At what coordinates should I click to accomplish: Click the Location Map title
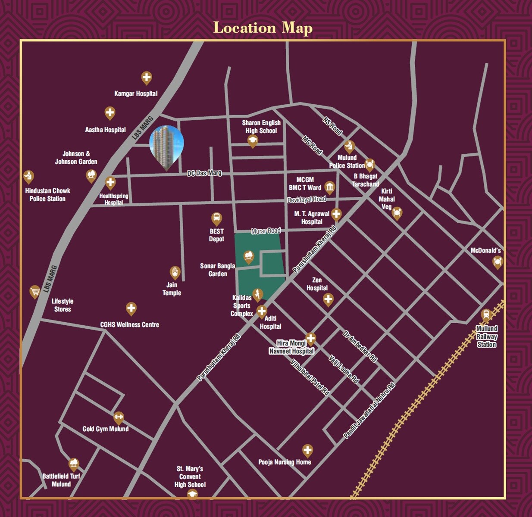click(263, 28)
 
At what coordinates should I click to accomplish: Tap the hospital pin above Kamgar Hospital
click(147, 78)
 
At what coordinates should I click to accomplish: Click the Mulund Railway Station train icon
click(486, 315)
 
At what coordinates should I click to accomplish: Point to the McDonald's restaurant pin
click(498, 262)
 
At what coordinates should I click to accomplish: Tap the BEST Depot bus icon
click(216, 218)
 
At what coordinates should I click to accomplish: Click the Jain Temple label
click(172, 289)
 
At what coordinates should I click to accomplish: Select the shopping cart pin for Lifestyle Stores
click(35, 292)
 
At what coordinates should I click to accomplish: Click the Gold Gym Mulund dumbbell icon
click(119, 417)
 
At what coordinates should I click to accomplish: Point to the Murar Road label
click(266, 231)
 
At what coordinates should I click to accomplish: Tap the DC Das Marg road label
click(204, 173)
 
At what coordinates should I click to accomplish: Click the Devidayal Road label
click(307, 199)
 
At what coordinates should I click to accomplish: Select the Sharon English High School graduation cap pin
click(253, 140)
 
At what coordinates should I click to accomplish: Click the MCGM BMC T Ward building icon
click(330, 187)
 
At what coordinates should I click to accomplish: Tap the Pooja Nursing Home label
click(285, 462)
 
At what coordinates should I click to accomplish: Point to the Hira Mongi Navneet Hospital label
click(291, 347)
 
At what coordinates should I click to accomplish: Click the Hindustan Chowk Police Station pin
click(28, 176)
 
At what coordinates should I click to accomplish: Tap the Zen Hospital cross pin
click(328, 299)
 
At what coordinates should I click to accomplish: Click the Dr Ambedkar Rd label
click(360, 346)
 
